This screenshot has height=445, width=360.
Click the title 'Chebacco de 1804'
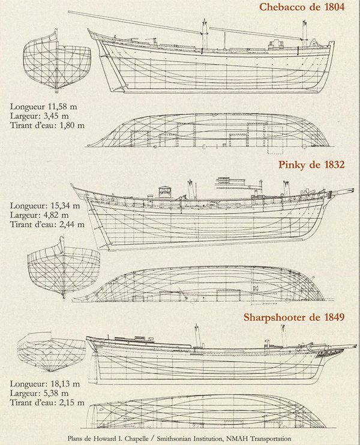[x=302, y=7]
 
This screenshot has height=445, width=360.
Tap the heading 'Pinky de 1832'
[x=311, y=164]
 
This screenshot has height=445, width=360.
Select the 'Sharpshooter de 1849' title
[x=294, y=317]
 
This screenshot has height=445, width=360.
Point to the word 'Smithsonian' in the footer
[x=174, y=439]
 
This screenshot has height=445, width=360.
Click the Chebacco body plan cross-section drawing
[x=57, y=61]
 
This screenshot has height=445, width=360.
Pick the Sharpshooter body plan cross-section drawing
[x=51, y=352]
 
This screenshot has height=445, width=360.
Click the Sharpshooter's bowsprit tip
[x=356, y=346]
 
